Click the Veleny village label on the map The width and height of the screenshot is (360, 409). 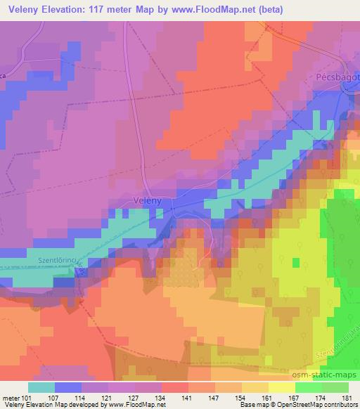(x=147, y=201)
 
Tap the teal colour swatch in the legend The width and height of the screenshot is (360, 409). (x=41, y=387)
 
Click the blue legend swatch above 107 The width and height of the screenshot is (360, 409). (x=68, y=387)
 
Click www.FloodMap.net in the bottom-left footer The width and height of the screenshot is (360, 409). (x=134, y=405)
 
